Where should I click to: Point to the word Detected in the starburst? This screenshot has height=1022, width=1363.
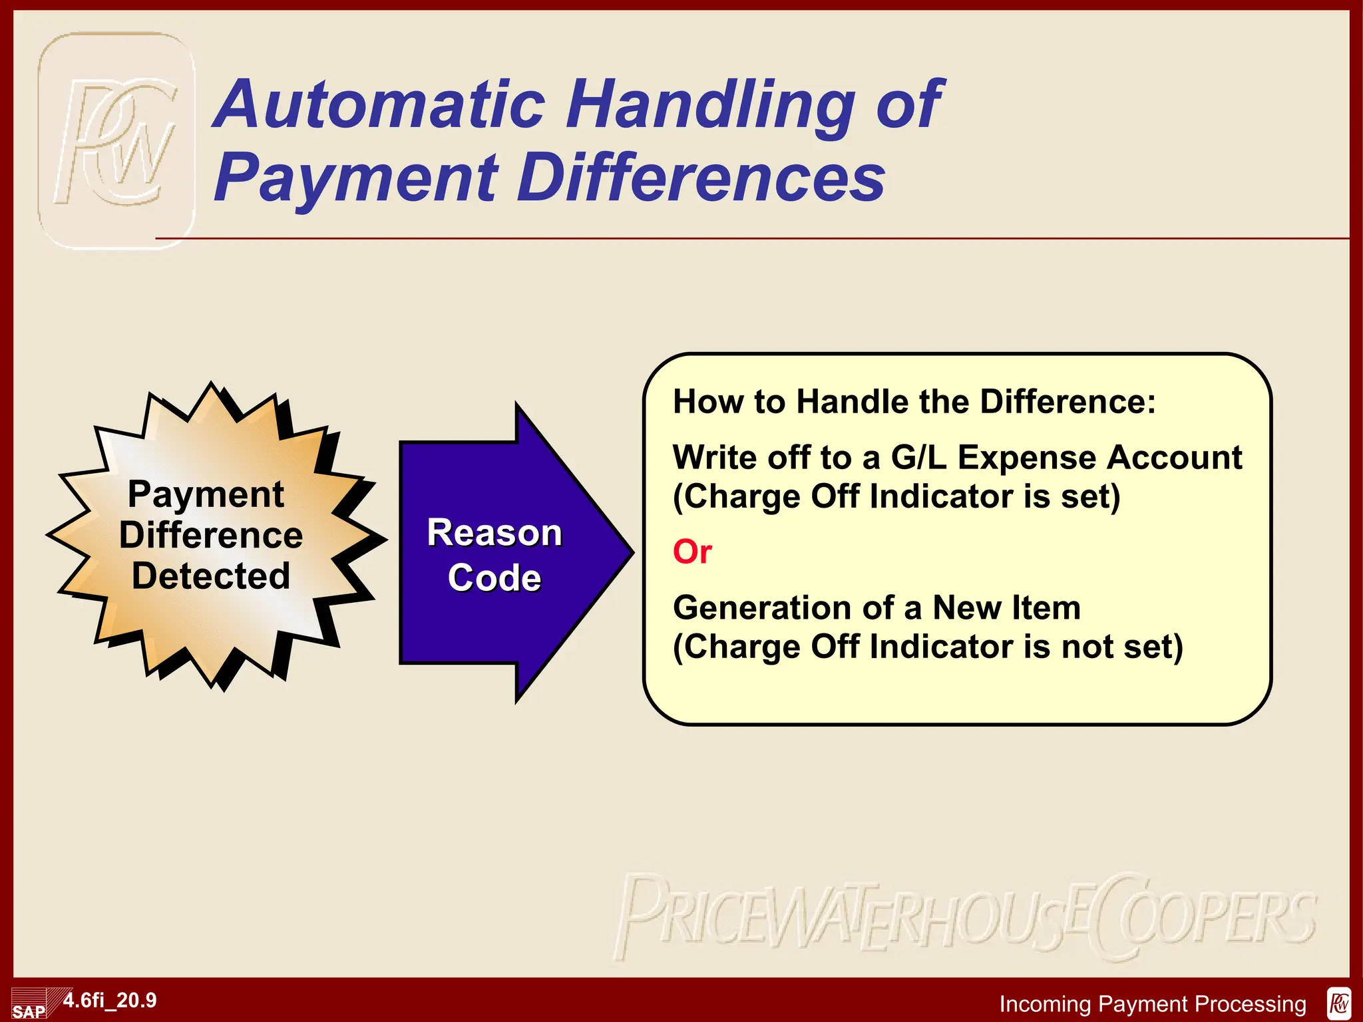pos(211,576)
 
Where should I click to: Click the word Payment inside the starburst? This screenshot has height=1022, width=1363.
pos(206,494)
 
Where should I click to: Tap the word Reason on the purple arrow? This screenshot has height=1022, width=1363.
pos(494,533)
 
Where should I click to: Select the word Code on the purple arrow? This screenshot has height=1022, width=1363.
pos(494,578)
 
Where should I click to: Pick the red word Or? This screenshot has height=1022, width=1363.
pos(692,552)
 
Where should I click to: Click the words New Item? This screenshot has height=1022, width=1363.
pos(1006,608)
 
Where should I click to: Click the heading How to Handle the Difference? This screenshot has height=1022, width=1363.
pos(914,402)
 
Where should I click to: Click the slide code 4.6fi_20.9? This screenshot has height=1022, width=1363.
pos(110,1000)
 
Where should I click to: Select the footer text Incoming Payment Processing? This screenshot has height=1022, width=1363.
pos(1153,1003)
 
